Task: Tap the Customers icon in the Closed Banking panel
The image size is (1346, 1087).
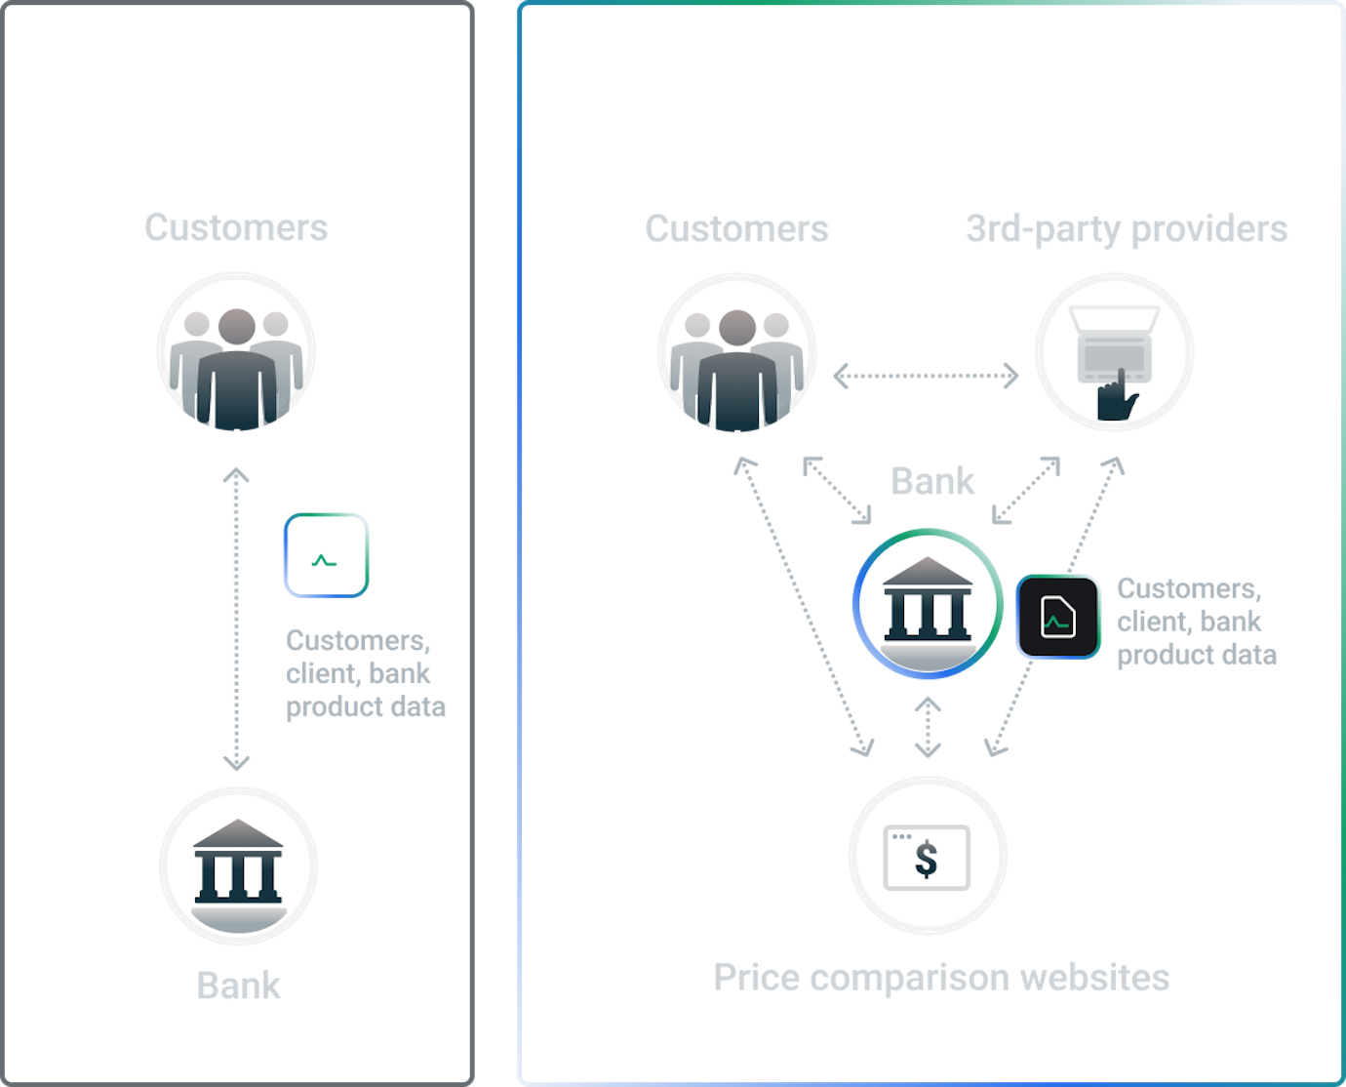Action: tap(236, 352)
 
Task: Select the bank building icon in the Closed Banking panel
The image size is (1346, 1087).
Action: tap(238, 866)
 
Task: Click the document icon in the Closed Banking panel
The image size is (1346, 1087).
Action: tap(326, 554)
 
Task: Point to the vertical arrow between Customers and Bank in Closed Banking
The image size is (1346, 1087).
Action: tap(236, 620)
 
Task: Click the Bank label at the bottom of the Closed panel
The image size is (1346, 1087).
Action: tap(238, 986)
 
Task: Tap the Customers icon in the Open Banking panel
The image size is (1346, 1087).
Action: tap(736, 353)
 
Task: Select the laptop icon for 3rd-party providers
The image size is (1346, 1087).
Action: tap(1114, 352)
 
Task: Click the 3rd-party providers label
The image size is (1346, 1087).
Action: tap(1126, 229)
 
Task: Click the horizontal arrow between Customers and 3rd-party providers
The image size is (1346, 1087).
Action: tap(925, 375)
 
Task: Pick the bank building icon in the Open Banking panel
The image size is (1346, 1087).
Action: tap(928, 604)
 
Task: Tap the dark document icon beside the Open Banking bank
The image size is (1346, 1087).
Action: tap(1058, 617)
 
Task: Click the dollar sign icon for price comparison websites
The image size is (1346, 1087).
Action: tap(927, 856)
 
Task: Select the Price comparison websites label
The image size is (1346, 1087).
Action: tap(940, 977)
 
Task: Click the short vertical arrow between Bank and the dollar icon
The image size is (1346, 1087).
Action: tap(928, 728)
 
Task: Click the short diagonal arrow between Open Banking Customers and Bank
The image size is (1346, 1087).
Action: tap(837, 490)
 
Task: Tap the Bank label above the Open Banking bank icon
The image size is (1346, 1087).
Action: tap(932, 481)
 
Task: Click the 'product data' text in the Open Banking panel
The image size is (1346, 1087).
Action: tap(1196, 655)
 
